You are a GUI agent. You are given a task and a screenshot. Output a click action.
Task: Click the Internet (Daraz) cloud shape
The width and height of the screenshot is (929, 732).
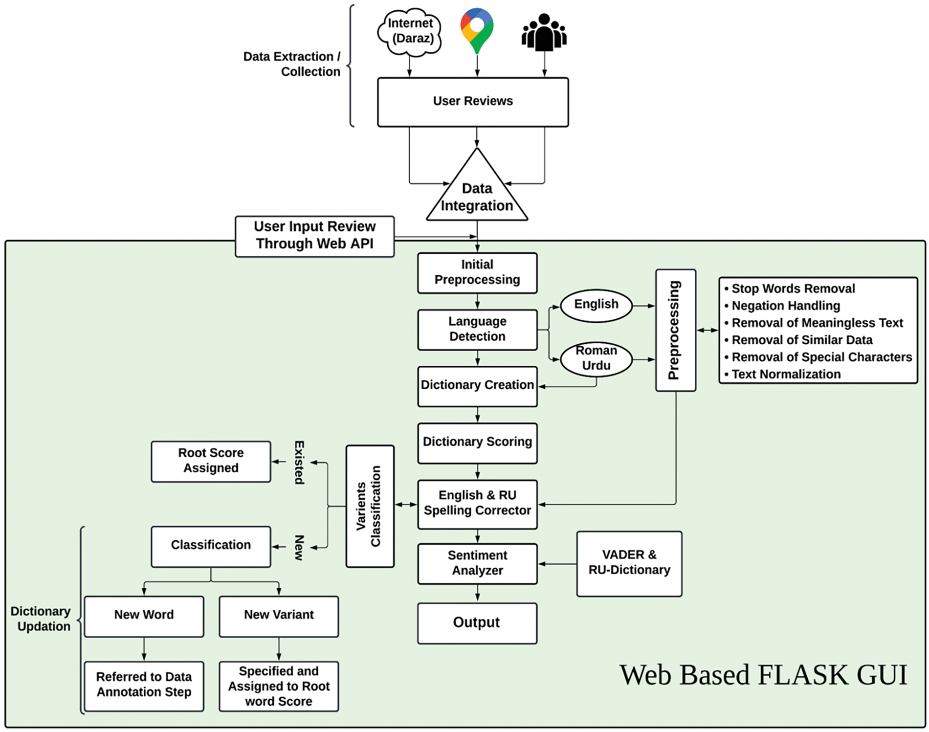[x=410, y=31]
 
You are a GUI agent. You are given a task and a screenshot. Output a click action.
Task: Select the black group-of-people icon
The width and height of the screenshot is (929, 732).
[x=544, y=33]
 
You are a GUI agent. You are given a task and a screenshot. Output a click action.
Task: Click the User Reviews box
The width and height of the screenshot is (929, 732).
[x=473, y=102]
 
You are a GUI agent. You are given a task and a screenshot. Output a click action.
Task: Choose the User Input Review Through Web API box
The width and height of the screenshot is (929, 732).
[x=314, y=236]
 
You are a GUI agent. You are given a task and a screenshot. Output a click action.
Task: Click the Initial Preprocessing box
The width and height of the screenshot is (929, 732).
[x=477, y=273]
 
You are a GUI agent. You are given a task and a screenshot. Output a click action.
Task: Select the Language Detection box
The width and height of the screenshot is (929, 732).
[x=477, y=329]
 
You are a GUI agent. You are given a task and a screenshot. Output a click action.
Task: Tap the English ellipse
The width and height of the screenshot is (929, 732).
[x=596, y=305]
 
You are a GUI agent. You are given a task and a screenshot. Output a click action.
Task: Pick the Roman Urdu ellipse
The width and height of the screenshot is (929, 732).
[x=596, y=358]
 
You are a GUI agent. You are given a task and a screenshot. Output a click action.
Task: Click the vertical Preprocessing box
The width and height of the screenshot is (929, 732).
[x=675, y=330]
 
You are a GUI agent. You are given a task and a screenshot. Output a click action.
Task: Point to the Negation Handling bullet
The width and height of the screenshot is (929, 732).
[x=785, y=306]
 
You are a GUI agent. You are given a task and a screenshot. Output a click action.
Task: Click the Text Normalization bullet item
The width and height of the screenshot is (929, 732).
[x=786, y=375]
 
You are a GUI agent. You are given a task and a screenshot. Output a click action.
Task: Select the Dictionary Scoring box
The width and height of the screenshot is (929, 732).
[x=477, y=443]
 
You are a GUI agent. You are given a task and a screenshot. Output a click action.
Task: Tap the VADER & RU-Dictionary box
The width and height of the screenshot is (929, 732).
[x=629, y=563]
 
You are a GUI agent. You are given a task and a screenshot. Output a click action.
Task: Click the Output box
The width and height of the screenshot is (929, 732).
[x=477, y=623]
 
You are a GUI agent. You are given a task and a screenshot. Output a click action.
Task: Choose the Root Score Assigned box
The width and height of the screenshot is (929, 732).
[x=211, y=461]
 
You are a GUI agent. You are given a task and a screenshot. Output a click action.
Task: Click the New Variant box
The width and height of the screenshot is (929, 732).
[x=279, y=616]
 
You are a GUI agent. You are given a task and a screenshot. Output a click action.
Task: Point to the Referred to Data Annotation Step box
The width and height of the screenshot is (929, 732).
[x=144, y=686]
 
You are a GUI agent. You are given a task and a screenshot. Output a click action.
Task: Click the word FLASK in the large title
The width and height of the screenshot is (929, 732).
[x=802, y=675]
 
